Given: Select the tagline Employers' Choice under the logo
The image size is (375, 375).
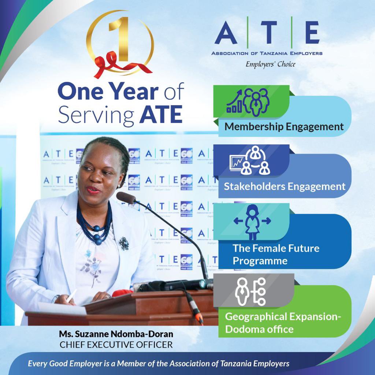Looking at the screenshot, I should pyautogui.click(x=270, y=64).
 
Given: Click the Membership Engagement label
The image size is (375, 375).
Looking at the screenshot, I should pyautogui.click(x=284, y=127).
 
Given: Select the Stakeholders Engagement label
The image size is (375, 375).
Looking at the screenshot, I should pyautogui.click(x=285, y=186).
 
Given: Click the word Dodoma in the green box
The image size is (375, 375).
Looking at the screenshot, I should pyautogui.click(x=244, y=329).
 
